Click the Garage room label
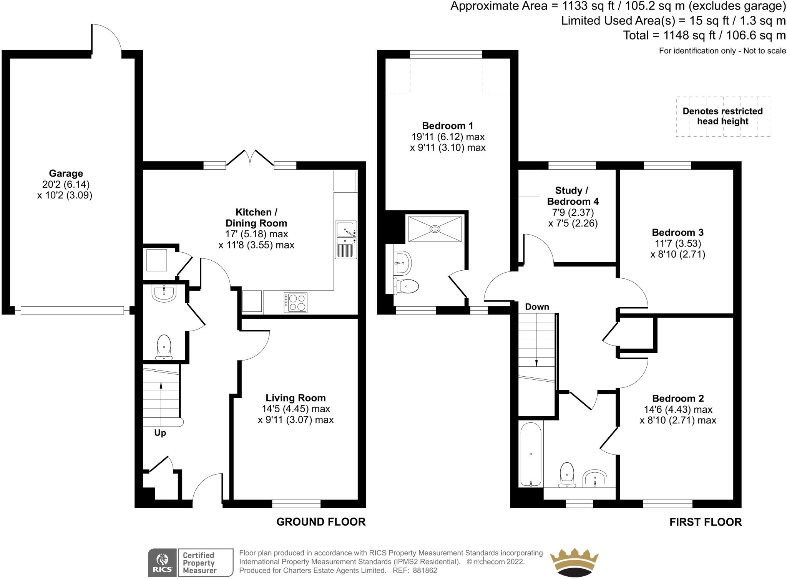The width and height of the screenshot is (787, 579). point(66,173)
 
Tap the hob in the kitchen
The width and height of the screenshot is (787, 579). point(296,302)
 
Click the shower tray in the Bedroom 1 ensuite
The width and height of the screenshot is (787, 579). point(435,229)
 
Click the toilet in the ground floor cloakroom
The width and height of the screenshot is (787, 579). point(164,347)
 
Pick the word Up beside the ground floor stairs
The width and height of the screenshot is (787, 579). point(160,433)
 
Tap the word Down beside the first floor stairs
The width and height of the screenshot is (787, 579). point(537,307)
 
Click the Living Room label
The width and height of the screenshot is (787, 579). point(296,398)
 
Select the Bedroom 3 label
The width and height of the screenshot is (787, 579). point(677,232)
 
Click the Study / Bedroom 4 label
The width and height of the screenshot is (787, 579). point(573,196)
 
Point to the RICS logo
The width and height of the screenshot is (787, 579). point(162,562)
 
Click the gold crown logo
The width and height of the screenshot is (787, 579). point(574,562)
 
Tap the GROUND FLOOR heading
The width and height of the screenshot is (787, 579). point(321,522)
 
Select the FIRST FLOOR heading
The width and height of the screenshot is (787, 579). point(706,522)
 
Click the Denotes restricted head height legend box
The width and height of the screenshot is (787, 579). point(723,116)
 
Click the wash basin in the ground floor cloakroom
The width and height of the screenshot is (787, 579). point(164,293)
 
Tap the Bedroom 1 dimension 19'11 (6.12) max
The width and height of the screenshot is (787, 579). point(448,137)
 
